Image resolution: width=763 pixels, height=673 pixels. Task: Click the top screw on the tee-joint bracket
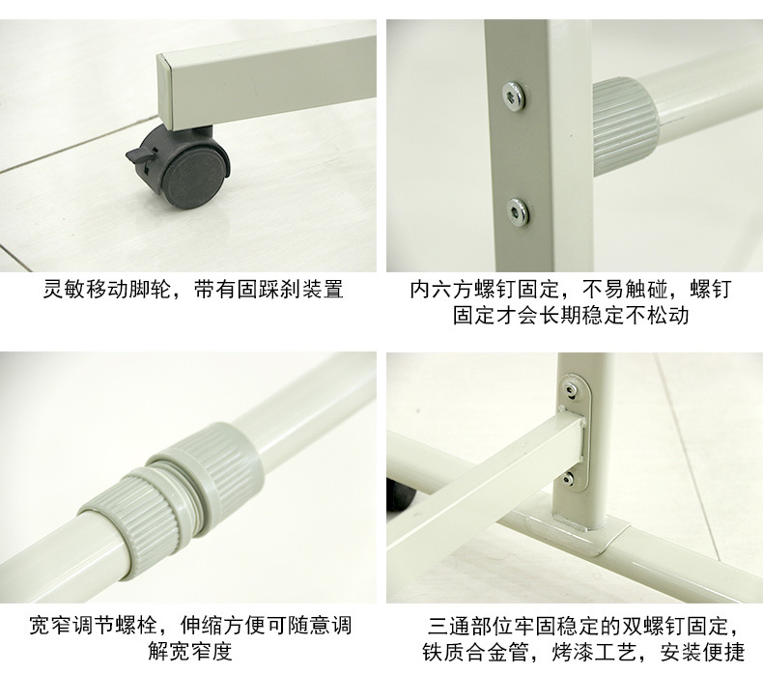(578, 388)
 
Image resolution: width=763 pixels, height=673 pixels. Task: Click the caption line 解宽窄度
(190, 652)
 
